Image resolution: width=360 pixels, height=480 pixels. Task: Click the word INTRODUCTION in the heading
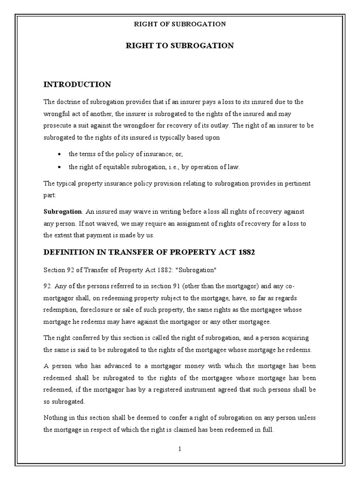point(77,84)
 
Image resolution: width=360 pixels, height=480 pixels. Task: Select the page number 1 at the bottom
point(180,449)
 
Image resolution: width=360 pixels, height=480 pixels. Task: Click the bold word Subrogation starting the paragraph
point(62,211)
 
